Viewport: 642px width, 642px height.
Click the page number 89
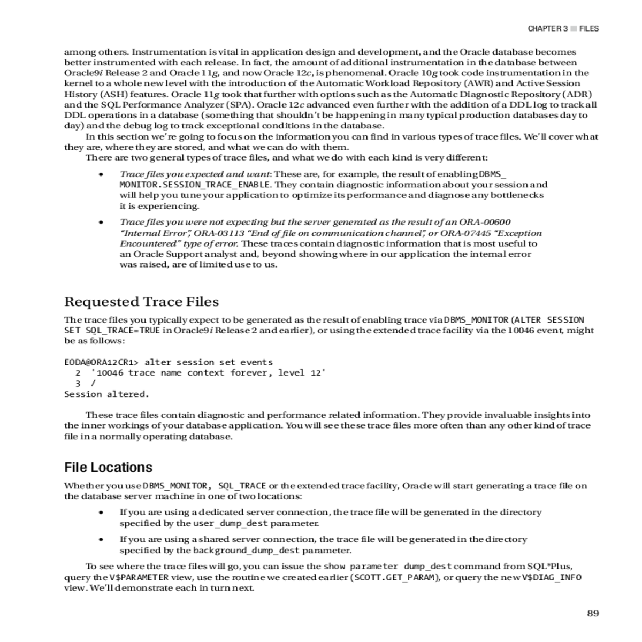coord(592,613)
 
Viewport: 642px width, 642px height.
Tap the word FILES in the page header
coord(589,29)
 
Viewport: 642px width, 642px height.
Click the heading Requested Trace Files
coord(141,302)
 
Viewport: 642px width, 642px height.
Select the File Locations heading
coord(108,468)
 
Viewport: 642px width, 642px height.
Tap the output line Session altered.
coord(106,394)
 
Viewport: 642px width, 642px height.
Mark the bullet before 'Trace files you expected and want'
coord(101,174)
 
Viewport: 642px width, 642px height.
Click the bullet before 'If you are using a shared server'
coord(101,539)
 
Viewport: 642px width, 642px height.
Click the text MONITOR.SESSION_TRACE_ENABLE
coord(195,185)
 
